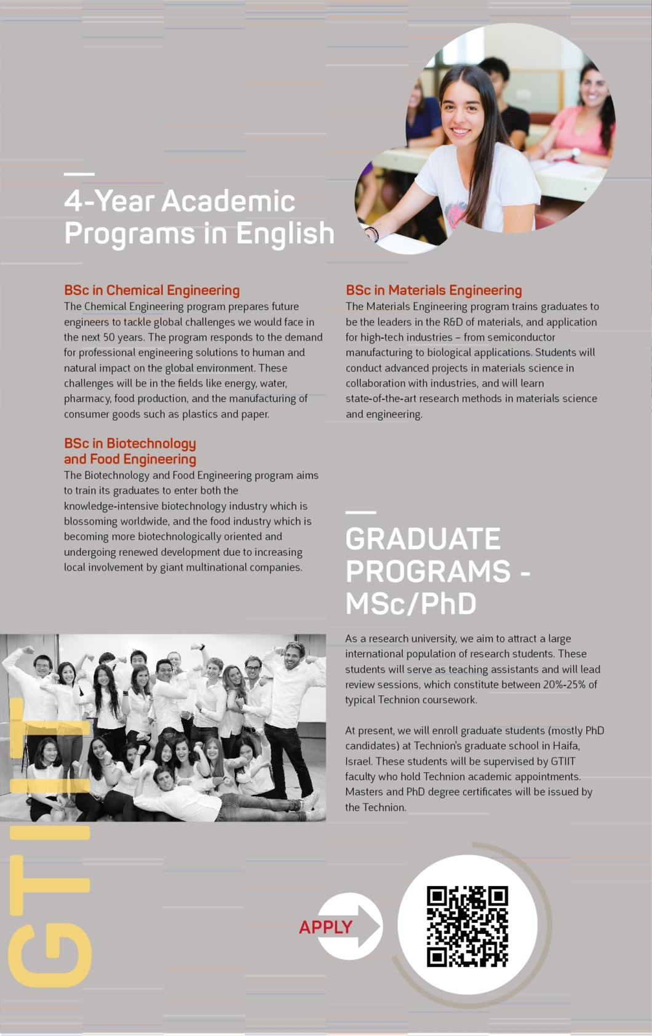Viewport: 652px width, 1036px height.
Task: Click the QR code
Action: (x=467, y=926)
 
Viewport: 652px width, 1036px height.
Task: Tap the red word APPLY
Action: (x=325, y=927)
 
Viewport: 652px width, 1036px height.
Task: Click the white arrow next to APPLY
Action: (x=367, y=925)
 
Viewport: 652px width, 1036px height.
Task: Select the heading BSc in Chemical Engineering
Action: (x=152, y=290)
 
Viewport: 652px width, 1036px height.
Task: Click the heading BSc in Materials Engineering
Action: (x=434, y=290)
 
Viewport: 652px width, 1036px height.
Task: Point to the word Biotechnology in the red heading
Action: (x=151, y=443)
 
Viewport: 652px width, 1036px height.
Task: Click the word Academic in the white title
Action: (x=228, y=202)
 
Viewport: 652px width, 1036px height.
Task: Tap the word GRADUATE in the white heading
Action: (x=423, y=539)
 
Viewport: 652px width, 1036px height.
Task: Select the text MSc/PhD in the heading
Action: (x=411, y=604)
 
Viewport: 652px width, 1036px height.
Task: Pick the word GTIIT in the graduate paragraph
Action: (x=563, y=761)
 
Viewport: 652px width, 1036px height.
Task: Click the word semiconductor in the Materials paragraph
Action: (x=521, y=337)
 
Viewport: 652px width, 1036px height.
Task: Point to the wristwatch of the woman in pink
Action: (x=576, y=153)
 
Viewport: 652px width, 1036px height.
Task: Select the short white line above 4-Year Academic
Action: (x=79, y=174)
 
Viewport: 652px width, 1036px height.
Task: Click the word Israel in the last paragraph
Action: (x=358, y=761)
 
